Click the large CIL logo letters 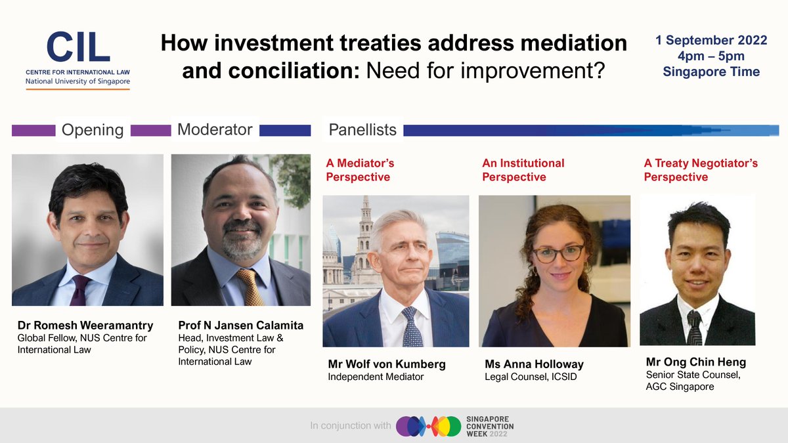77,48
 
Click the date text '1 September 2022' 711,41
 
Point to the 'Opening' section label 93,130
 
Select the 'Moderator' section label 215,129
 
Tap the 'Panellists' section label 362,130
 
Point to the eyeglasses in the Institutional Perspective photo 558,253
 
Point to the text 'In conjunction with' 351,427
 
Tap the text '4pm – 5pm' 711,56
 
